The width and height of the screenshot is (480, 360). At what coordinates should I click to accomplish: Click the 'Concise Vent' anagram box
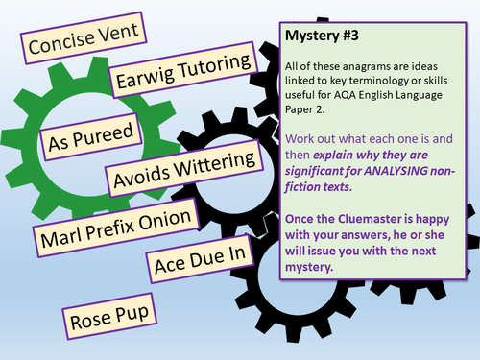pos(84,38)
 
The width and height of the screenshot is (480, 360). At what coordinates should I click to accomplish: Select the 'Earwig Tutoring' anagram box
pos(183,70)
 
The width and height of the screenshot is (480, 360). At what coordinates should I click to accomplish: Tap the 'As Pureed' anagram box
pos(91,136)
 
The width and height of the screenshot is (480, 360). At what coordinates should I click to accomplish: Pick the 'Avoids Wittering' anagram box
pos(184,169)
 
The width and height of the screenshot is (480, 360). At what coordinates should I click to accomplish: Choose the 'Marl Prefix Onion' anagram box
pos(116,228)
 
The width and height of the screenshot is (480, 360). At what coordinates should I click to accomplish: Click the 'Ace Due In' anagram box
pos(200,259)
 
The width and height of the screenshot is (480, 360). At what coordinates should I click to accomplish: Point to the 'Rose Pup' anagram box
pos(109,316)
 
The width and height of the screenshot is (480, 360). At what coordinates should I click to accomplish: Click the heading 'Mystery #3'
pos(322,36)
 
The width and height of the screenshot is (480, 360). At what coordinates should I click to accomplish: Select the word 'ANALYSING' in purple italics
pos(396,171)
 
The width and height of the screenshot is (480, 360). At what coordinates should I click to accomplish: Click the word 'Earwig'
pos(145,77)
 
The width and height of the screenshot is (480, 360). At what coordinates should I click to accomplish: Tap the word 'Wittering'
pos(216,163)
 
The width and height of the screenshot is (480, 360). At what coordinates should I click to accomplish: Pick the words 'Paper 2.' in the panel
pos(305,109)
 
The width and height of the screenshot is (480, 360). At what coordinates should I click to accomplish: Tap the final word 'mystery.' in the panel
pos(309,267)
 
